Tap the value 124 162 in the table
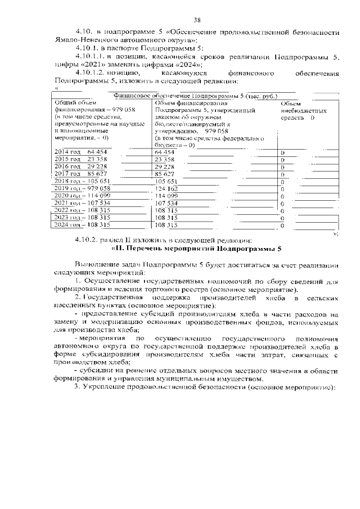point(166,188)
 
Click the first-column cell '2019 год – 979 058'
point(82,188)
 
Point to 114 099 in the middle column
point(166,196)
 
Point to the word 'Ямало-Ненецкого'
point(79,41)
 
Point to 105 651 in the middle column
point(166,181)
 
